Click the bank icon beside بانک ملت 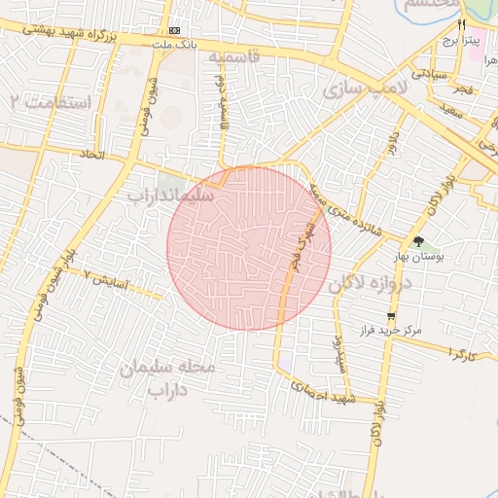point(174,31)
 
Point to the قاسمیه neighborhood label point(233,57)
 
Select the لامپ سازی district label point(355,89)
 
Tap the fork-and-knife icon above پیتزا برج point(463,24)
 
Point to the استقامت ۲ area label point(49,101)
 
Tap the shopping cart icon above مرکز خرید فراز point(391,316)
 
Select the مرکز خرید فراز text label point(390,331)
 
